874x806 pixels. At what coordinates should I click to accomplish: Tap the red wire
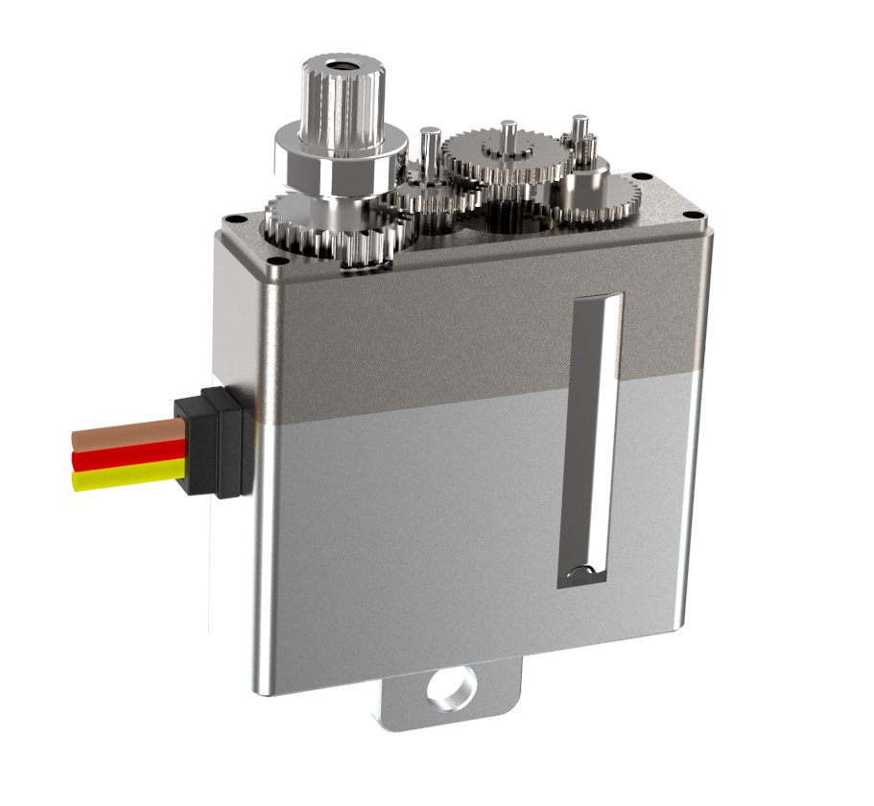coord(120,455)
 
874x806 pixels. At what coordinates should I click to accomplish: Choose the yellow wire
coord(120,475)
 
